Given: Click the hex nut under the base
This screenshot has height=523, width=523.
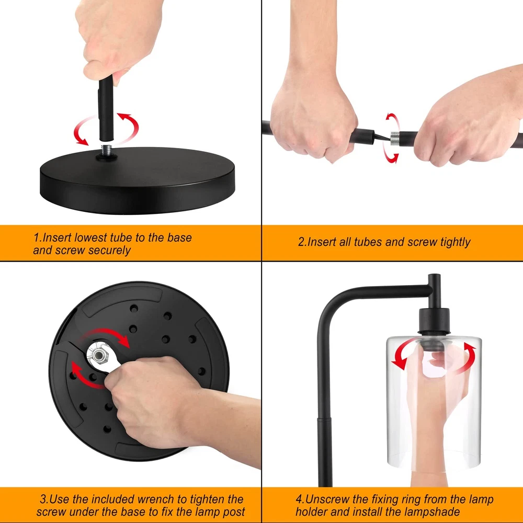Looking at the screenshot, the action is point(99,356).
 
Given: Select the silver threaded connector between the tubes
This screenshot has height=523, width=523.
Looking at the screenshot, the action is point(395,138).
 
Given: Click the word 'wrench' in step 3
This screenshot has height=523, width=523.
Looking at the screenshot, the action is point(156,499).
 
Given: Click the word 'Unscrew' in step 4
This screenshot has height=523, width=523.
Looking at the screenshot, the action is point(327,499).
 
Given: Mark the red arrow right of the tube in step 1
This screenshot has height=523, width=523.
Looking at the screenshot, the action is point(128,127).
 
